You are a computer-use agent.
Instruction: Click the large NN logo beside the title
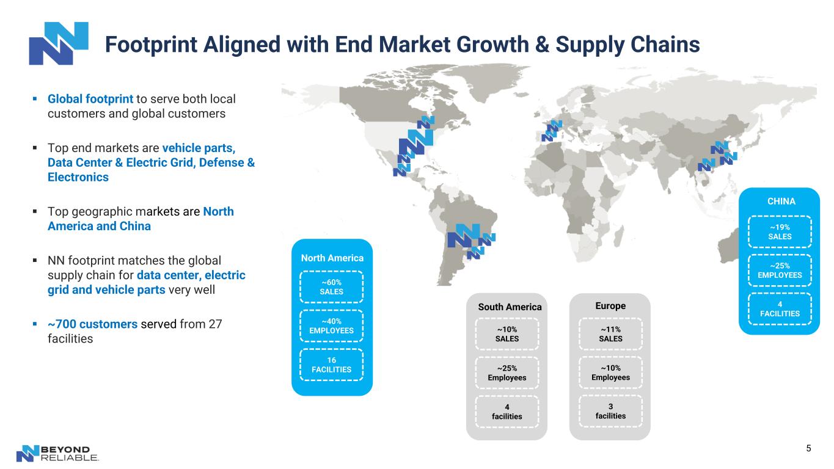coord(59,43)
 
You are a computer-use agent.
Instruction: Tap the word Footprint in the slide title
coord(151,45)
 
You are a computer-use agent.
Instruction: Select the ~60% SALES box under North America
coord(331,286)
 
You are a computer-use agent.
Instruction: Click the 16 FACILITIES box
coord(331,365)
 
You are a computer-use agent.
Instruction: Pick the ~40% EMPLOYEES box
coord(331,325)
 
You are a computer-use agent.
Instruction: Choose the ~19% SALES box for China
coord(780,231)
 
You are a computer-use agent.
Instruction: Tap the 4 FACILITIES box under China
coord(780,309)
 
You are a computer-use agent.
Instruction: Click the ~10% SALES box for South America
coord(507,334)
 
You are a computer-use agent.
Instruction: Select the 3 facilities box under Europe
coord(610,411)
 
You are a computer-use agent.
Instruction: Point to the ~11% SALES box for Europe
coord(610,334)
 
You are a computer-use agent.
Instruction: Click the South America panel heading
coord(510,307)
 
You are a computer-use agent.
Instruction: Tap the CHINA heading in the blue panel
coord(781,202)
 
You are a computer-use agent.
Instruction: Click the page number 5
coord(808,448)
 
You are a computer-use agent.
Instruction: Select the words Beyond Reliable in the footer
coord(69,453)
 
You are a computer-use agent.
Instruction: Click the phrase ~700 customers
coord(93,324)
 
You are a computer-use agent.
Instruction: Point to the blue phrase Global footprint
coord(90,99)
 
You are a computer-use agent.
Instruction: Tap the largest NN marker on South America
coord(464,236)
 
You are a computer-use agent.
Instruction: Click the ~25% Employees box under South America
coord(507,373)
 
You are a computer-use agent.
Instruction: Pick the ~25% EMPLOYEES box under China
coord(780,271)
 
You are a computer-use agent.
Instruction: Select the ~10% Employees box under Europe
coord(610,373)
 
